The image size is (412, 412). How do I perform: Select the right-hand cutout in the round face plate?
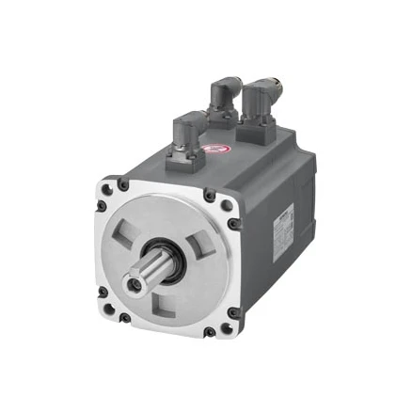(x=202, y=247)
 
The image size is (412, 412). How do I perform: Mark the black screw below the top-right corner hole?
(x=232, y=224)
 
